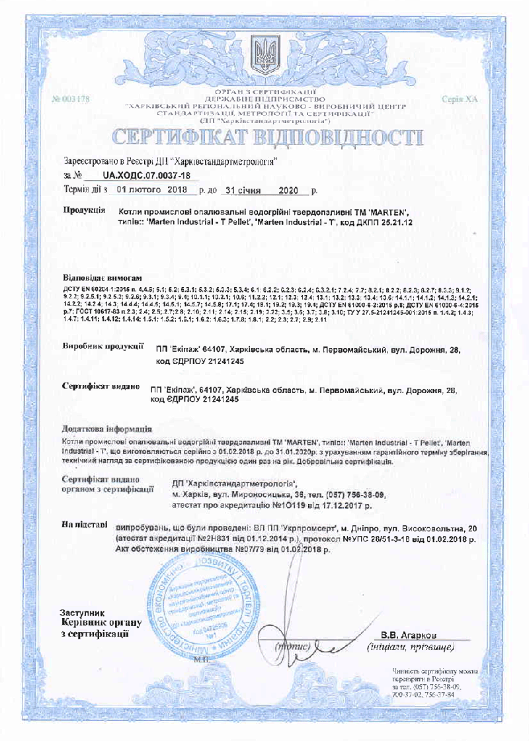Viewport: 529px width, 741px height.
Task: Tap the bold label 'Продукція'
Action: (83, 210)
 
